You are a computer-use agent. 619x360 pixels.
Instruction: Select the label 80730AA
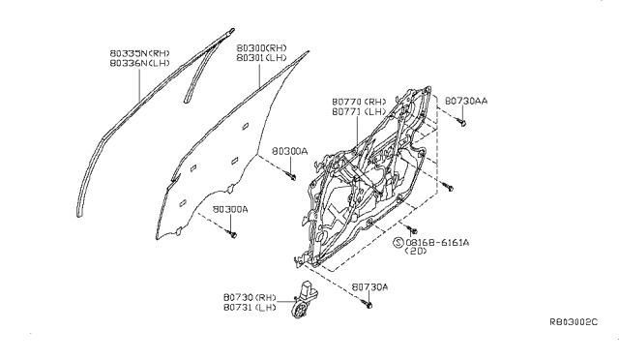point(466,99)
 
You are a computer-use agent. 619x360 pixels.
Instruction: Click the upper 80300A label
point(289,152)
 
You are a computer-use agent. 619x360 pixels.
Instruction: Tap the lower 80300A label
point(230,209)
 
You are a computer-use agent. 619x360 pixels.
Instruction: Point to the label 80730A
point(371,286)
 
